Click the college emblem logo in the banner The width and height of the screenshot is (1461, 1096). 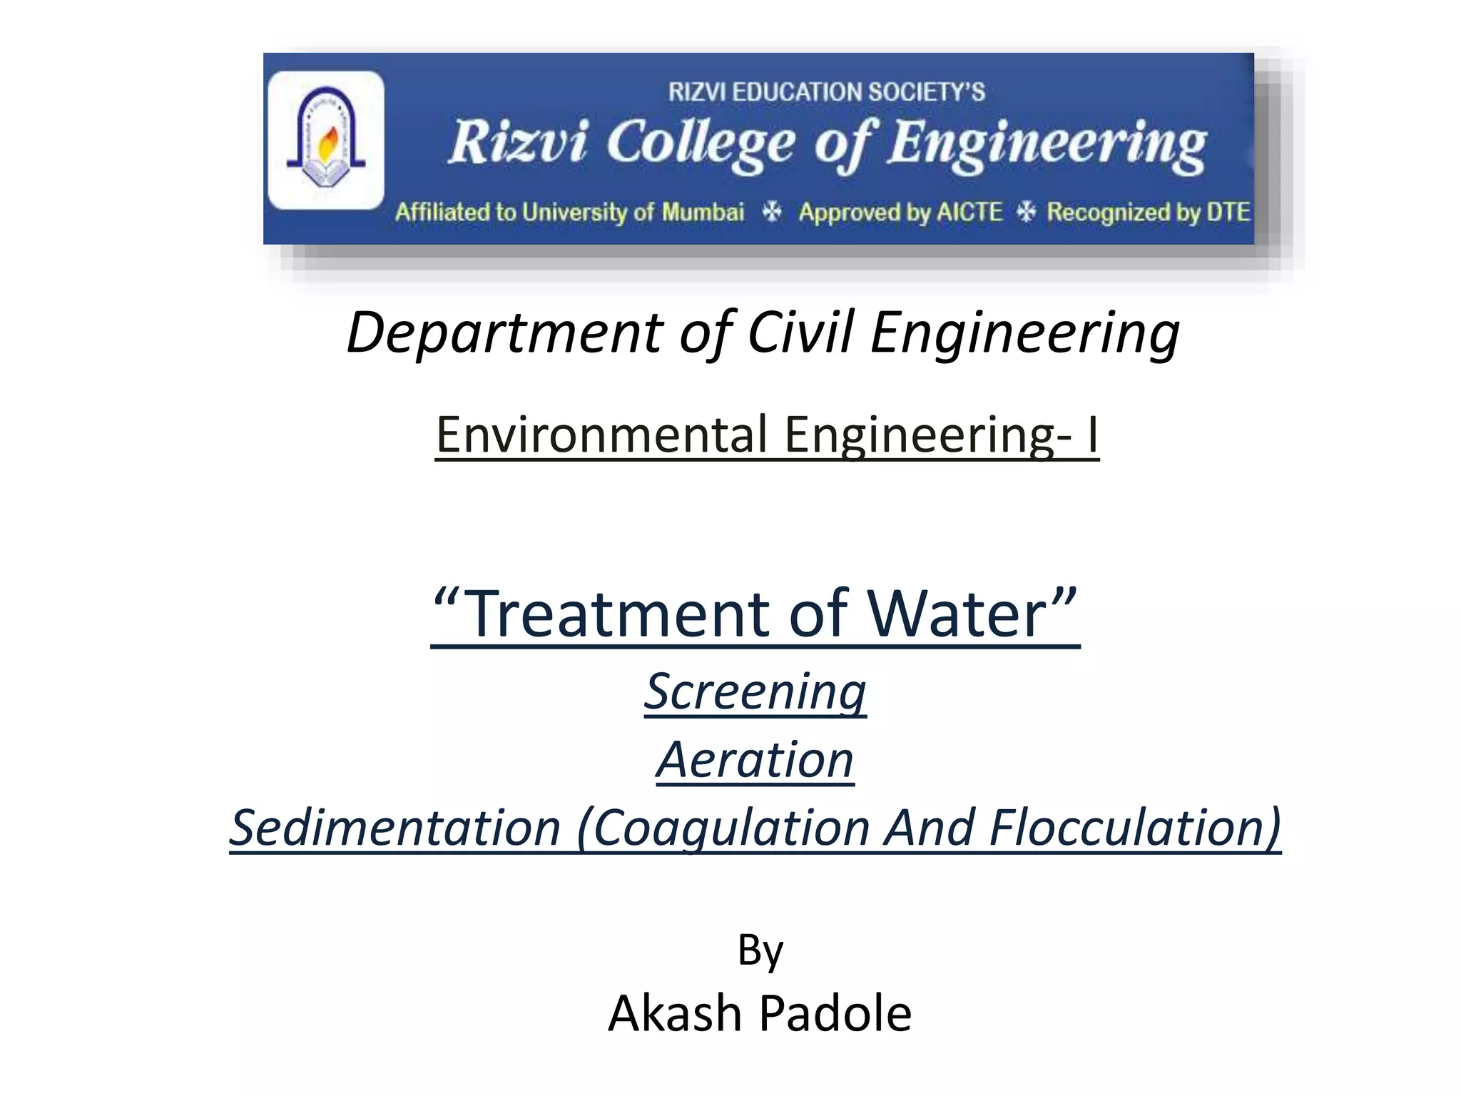pos(325,140)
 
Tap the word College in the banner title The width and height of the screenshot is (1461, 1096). pos(701,145)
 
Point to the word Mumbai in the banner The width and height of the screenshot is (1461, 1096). pos(703,212)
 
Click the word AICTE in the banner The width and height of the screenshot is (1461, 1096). pos(969,212)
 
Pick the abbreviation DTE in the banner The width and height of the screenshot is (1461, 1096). pos(1228,212)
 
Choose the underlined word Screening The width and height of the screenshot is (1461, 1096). pos(755,691)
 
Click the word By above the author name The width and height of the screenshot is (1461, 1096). pos(760,951)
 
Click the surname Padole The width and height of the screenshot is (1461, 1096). pos(835,1013)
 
